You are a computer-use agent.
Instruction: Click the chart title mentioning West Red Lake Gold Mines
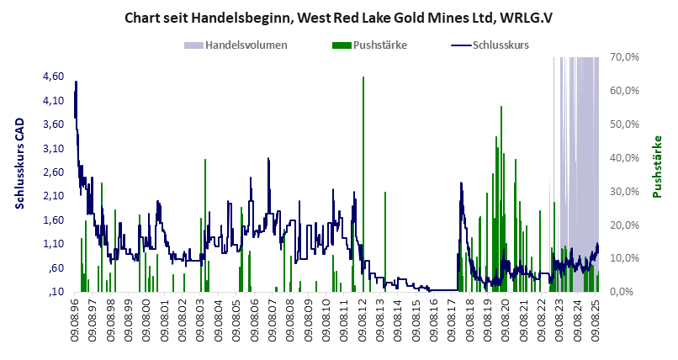340,17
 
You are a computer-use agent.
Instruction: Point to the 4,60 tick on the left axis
53,77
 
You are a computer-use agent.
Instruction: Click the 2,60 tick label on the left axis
53,172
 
